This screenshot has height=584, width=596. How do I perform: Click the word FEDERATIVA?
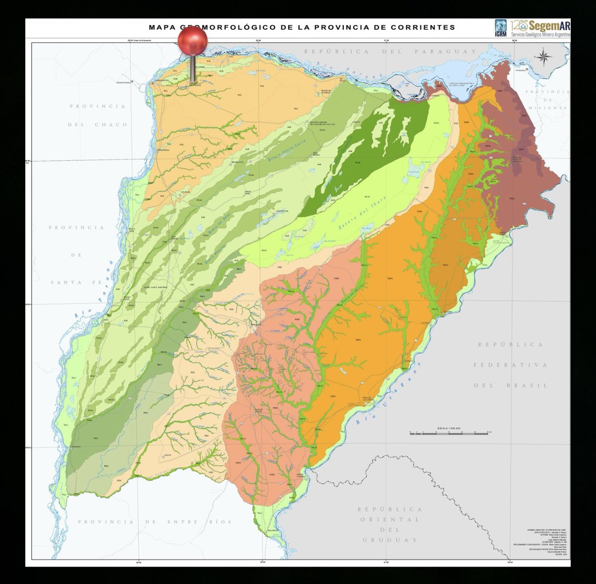[510, 365]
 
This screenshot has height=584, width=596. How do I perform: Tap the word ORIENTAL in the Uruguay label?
[390, 519]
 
